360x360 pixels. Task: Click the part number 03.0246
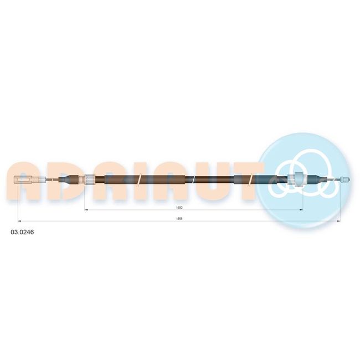[x=22, y=233]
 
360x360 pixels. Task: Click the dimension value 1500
[x=179, y=208]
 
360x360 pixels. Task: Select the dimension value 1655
[x=179, y=219]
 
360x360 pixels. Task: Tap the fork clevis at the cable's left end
[x=24, y=179]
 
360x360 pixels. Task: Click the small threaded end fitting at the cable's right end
[x=345, y=179]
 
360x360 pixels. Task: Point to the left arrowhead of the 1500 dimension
[x=86, y=209]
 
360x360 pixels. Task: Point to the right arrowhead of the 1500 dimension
[x=301, y=209]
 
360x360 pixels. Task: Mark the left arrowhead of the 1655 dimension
[x=19, y=222]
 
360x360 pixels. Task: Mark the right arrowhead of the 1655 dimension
[x=338, y=222]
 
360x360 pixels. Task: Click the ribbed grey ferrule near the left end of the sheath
[x=90, y=179]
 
